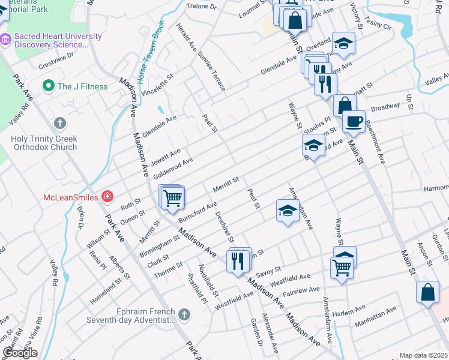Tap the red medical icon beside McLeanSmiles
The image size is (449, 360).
point(107,196)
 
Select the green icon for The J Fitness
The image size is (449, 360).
point(47,86)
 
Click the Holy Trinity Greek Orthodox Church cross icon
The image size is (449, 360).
point(59,124)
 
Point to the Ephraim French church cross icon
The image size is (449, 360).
point(185,314)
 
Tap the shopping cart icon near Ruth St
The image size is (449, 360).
point(172,197)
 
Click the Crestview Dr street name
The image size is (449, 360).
point(56,58)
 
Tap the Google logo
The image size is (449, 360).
point(20,353)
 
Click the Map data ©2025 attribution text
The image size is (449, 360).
point(424,355)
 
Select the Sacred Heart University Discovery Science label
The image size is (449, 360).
point(58,40)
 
